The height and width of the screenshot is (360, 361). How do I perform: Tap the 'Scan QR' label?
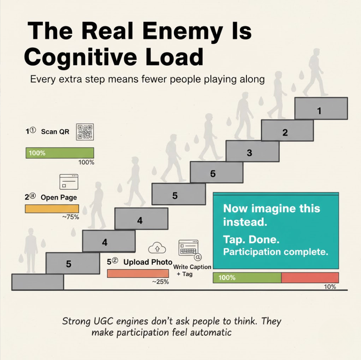click(55, 132)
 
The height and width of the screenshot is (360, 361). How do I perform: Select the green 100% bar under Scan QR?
click(60, 152)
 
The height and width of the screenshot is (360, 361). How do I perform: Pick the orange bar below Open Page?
click(52, 208)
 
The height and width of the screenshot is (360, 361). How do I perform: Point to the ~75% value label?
click(70, 217)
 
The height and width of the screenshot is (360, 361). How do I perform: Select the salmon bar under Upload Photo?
click(138, 273)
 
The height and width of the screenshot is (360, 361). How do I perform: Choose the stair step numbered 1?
click(320, 110)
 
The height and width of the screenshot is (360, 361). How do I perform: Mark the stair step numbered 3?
click(250, 152)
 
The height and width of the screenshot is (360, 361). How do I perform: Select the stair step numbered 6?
click(213, 174)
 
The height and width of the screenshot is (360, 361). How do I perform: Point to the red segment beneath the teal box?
click(310, 277)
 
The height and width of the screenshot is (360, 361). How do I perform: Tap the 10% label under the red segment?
click(330, 286)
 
